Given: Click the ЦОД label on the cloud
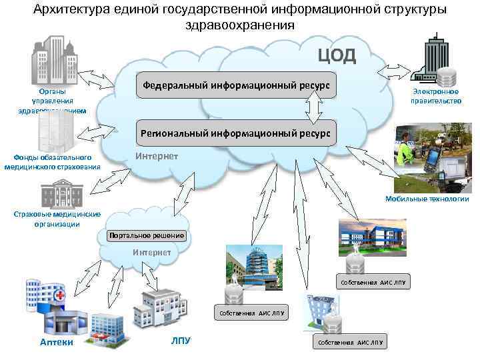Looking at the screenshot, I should [x=337, y=54].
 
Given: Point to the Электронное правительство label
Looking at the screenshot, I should [x=436, y=96].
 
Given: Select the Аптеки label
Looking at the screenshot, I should [x=56, y=342].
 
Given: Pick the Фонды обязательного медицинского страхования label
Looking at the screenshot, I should [x=53, y=162].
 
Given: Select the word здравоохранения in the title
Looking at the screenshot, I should [x=239, y=25].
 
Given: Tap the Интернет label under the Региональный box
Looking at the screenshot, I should [x=157, y=156].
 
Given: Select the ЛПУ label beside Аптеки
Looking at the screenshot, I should [x=181, y=341].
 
